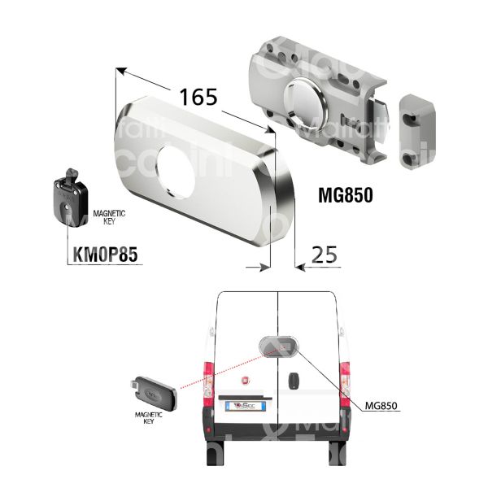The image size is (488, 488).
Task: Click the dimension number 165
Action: coord(199,97)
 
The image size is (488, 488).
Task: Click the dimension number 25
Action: coord(325,257)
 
